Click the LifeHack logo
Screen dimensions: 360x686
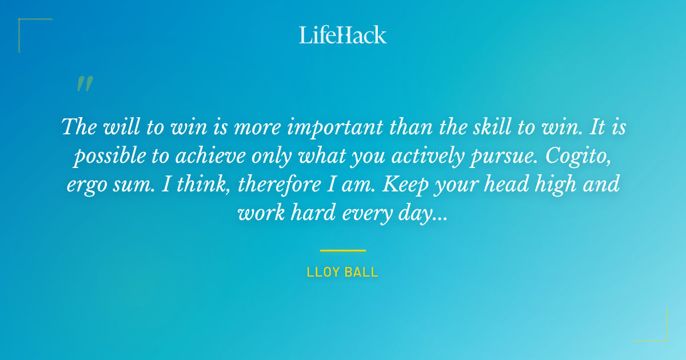pyautogui.click(x=343, y=35)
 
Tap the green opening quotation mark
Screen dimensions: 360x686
pyautogui.click(x=85, y=84)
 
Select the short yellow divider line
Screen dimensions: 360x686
pyautogui.click(x=342, y=250)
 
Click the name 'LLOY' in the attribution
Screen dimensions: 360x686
pyautogui.click(x=324, y=272)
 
